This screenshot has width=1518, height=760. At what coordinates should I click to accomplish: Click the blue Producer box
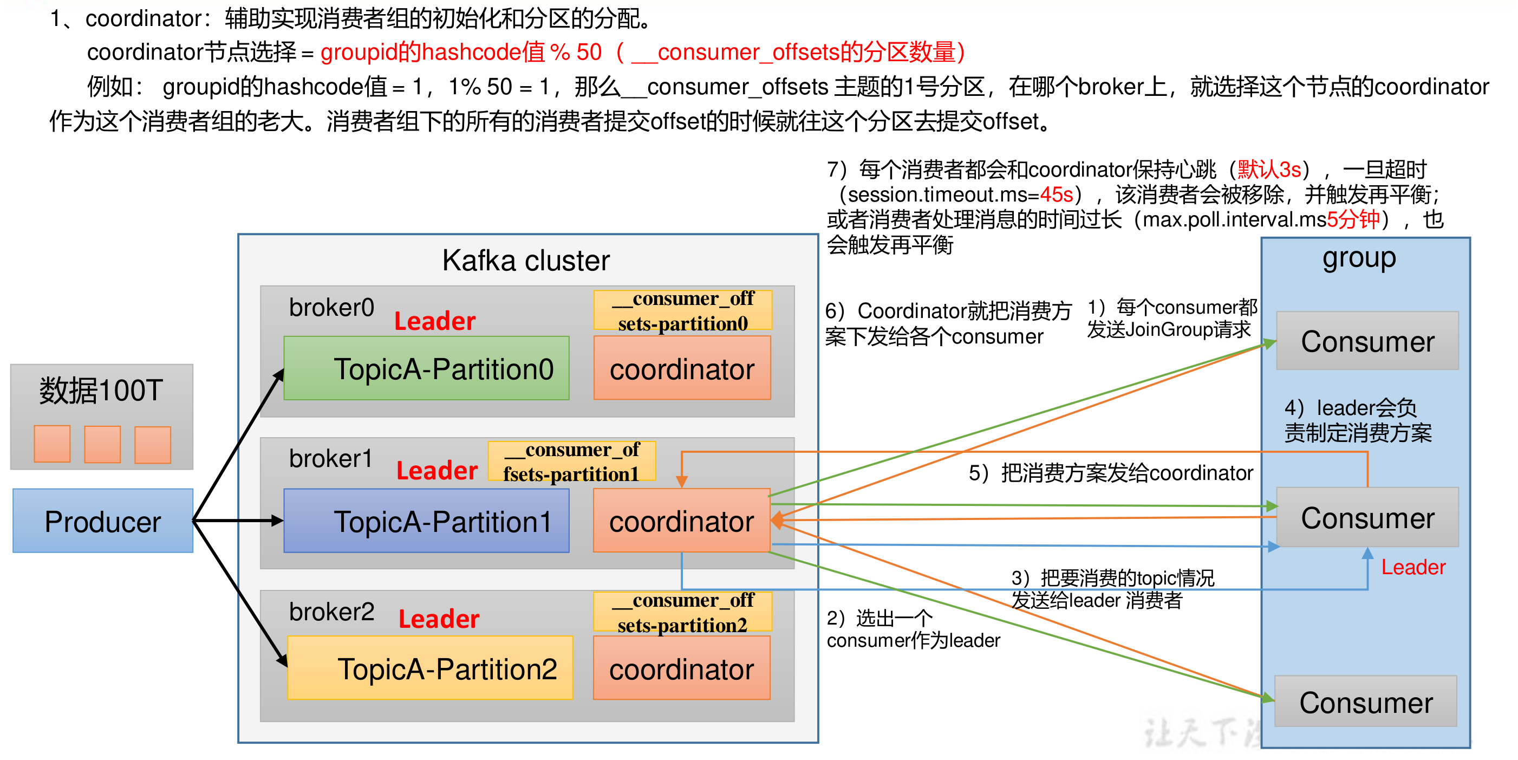[x=102, y=521]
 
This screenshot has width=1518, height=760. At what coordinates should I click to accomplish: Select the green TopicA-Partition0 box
[x=426, y=368]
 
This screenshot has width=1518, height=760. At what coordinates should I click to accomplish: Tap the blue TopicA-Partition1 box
[x=426, y=521]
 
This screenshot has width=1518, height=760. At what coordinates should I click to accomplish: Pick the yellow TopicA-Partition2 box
[x=429, y=668]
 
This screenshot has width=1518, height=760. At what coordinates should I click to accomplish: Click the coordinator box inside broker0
[x=682, y=368]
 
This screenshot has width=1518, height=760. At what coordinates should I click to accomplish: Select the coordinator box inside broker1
[x=681, y=521]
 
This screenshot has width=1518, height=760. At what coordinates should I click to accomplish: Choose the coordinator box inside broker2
[x=681, y=668]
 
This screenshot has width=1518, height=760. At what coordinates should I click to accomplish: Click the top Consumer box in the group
[x=1366, y=341]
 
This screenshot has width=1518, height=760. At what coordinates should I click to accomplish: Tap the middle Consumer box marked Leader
[x=1366, y=518]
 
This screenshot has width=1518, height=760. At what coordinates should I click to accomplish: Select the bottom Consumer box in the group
[x=1365, y=701]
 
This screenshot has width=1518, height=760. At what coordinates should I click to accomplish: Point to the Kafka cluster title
[x=526, y=260]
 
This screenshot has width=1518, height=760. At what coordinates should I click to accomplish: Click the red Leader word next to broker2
[x=439, y=619]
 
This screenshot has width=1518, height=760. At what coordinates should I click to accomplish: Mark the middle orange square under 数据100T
[x=102, y=445]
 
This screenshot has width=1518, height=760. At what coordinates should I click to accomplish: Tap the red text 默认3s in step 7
[x=1268, y=170]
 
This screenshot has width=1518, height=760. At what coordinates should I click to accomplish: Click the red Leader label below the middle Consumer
[x=1412, y=567]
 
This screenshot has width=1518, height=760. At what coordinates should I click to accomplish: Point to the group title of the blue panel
[x=1358, y=258]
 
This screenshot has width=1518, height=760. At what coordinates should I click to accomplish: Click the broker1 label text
[x=330, y=458]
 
